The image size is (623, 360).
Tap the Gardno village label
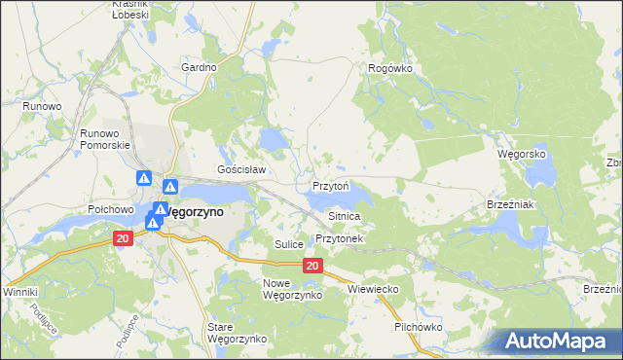[199, 68]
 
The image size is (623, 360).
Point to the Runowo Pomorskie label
[105, 138]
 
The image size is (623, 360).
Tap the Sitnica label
[345, 216]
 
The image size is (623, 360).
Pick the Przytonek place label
[340, 238]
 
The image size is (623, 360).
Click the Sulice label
[289, 244]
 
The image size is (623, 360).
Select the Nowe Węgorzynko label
[285, 288]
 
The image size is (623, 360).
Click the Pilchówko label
[419, 327]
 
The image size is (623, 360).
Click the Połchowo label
[110, 208]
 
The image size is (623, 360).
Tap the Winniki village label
[19, 292]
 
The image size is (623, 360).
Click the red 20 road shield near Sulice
[311, 266]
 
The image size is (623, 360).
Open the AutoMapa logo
[559, 341]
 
